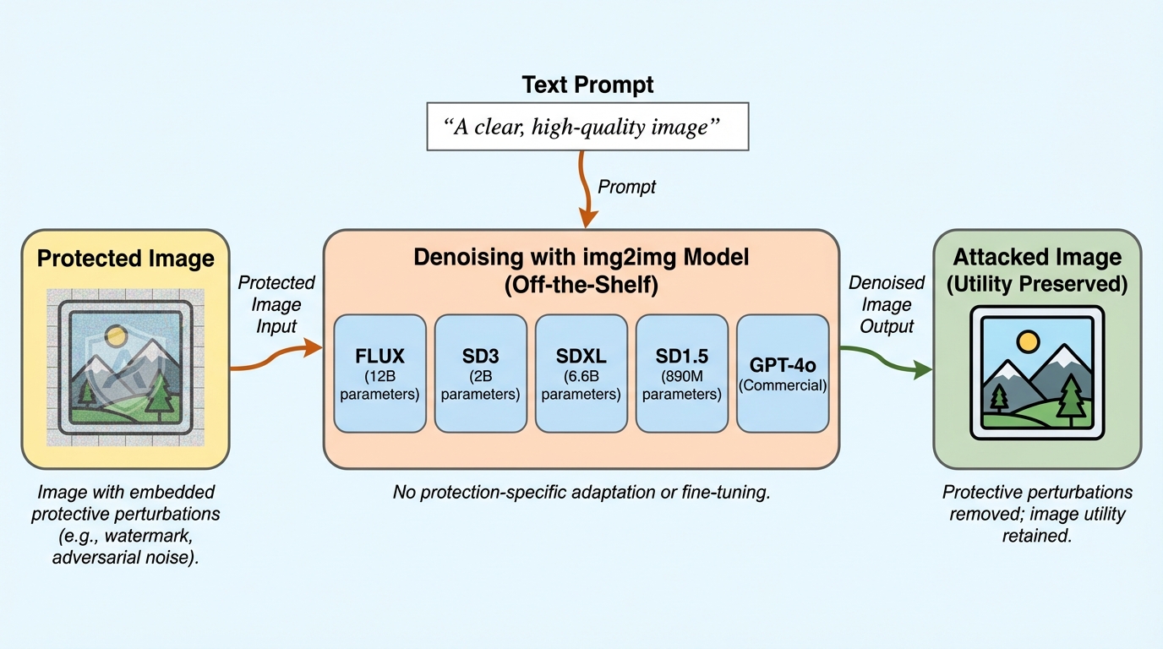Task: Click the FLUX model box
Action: point(379,373)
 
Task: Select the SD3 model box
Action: point(480,373)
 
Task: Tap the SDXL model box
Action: point(581,373)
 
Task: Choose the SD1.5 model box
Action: point(681,373)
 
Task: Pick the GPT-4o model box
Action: point(782,373)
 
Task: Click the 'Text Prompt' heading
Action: point(587,85)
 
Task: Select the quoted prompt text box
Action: point(587,127)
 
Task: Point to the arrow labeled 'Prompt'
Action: point(582,189)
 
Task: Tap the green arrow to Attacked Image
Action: point(887,358)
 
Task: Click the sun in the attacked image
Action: point(1028,341)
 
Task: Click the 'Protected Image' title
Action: point(125,259)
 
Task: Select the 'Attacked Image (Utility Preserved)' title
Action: point(1037,270)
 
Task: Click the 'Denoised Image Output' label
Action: point(887,303)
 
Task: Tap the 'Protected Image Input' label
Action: point(276,303)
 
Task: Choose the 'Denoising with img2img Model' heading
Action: point(581,270)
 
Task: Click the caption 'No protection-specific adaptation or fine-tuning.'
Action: point(581,492)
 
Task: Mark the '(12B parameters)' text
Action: point(379,385)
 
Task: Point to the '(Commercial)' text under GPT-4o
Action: point(782,386)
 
